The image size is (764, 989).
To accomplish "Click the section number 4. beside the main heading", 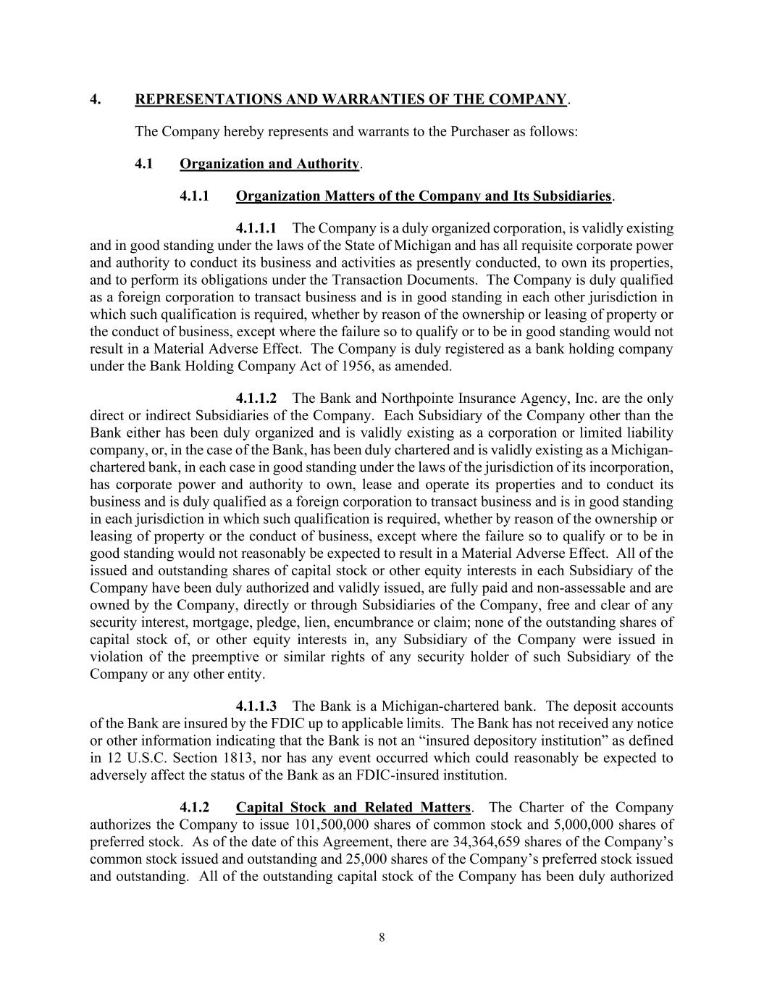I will pos(95,99).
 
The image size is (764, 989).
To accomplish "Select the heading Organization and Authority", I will pos(269,164).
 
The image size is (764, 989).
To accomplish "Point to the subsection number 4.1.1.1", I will pos(256,228).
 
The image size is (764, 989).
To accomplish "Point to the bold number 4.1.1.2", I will pos(256,398).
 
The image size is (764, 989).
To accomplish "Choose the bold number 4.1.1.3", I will pos(256,706).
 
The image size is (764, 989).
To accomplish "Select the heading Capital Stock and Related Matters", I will pos(353,807).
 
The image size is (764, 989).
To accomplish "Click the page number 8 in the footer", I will pos(382,938).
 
